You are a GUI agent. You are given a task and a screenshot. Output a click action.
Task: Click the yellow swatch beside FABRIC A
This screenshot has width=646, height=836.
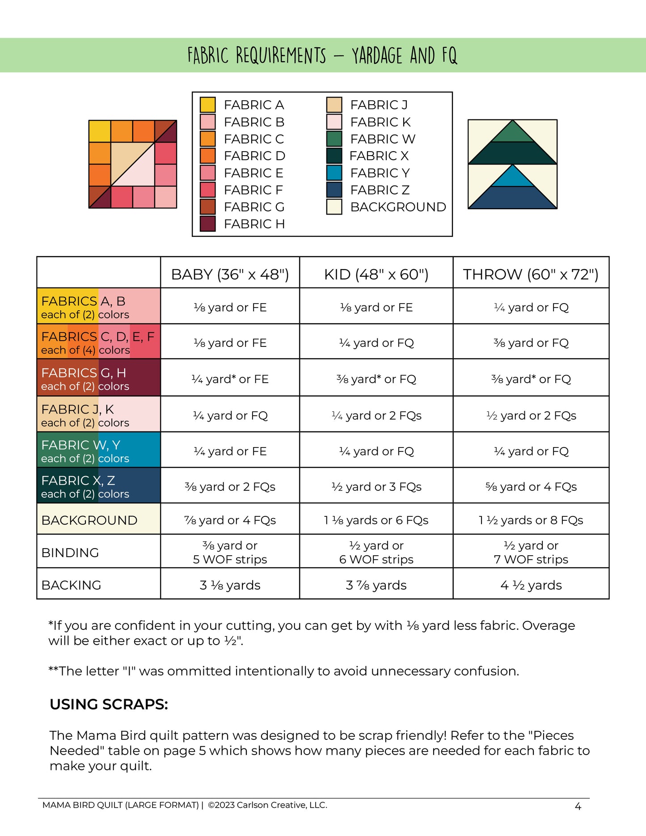207,105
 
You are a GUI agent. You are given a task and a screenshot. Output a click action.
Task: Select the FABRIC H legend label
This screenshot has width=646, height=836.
254,224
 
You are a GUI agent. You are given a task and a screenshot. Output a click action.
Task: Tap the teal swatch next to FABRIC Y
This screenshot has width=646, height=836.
334,173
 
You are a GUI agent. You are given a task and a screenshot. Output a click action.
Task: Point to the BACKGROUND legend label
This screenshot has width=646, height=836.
398,207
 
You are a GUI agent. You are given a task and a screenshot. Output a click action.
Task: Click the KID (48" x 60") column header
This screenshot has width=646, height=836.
376,274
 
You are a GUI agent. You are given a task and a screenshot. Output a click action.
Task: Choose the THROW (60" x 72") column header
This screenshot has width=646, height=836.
531,274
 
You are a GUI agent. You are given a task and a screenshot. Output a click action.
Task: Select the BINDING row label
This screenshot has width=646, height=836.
70,553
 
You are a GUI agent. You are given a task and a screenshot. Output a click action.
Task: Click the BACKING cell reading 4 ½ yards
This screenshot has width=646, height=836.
531,585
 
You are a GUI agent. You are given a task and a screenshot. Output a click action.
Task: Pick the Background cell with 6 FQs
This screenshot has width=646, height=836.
376,520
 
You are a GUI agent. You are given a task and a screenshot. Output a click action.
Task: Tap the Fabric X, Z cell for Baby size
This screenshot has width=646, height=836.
230,487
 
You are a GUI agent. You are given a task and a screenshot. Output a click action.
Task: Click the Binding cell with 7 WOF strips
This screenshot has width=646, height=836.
531,553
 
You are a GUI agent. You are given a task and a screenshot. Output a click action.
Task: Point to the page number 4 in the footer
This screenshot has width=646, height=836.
578,806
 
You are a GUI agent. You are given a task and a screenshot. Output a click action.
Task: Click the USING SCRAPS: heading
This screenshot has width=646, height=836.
109,705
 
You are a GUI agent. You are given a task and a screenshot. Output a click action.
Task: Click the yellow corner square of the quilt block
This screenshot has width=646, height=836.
100,131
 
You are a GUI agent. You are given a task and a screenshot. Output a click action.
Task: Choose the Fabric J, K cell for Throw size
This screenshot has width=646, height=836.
531,416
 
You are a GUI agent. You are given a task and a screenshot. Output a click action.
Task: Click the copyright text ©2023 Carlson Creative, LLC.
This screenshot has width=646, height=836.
267,805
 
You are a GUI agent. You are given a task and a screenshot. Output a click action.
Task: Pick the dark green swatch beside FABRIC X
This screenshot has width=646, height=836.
334,156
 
